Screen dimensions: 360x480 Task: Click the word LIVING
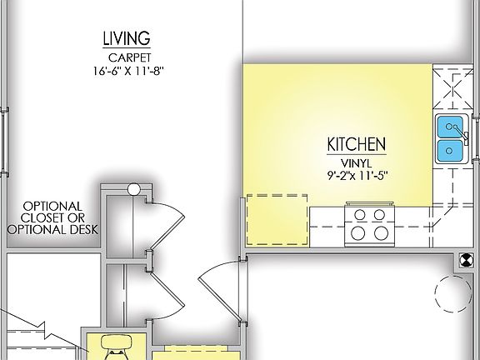click(126, 38)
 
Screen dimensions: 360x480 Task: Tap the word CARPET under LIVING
click(126, 57)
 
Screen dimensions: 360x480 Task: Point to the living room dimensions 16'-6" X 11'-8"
click(126, 72)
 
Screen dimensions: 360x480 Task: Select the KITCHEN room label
click(355, 142)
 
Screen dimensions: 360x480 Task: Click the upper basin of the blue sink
click(451, 127)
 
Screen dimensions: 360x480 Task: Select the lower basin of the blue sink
click(451, 151)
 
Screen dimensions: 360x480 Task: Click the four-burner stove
click(370, 222)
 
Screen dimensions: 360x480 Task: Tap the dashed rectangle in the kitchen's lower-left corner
click(278, 220)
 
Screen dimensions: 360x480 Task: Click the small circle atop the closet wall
click(133, 190)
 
